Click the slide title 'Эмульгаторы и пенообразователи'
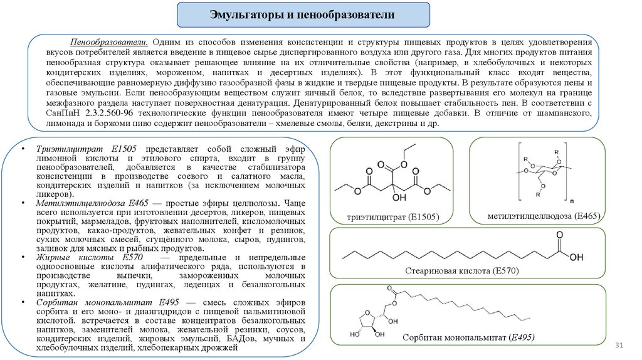(302, 14)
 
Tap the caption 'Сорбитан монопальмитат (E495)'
(468, 337)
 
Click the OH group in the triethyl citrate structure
(397, 198)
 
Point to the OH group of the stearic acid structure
(576, 256)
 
